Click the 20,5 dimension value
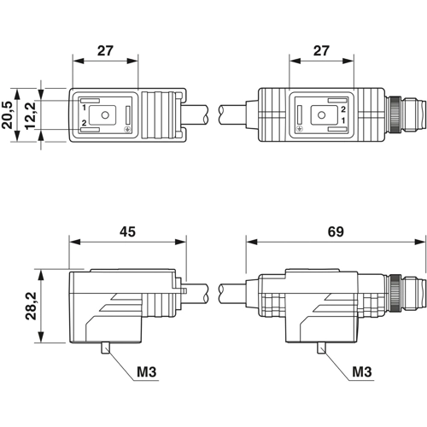click(8, 115)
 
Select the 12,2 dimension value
click(30, 115)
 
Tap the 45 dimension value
click(127, 232)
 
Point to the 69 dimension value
click(336, 232)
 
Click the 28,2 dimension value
click(31, 306)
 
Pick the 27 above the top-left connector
click(105, 51)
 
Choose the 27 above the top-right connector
click(321, 51)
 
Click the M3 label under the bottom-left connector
click(147, 371)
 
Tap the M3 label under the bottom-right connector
click(362, 371)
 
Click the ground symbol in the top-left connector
click(127, 130)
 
